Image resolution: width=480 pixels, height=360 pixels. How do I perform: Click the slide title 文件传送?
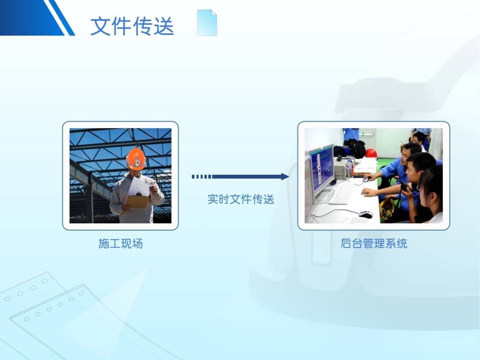[x=132, y=25]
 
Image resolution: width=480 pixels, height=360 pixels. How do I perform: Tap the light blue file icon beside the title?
[x=207, y=22]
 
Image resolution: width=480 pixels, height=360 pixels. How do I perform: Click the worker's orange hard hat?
[x=136, y=159]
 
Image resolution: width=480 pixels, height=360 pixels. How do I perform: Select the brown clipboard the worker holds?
[x=137, y=201]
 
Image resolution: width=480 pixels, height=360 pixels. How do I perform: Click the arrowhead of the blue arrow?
[x=284, y=176]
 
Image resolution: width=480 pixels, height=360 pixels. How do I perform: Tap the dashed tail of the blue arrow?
[x=201, y=176]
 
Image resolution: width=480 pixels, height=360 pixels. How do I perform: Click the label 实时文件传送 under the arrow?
[x=240, y=199]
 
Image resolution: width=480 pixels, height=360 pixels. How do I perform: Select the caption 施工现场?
[x=120, y=243]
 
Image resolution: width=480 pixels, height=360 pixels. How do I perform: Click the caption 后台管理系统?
[x=374, y=243]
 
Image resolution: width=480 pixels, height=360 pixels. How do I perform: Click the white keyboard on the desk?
[x=341, y=193]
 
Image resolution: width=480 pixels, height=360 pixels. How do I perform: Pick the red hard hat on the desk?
[x=370, y=153]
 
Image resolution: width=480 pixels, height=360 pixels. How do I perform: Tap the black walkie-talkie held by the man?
[x=406, y=186]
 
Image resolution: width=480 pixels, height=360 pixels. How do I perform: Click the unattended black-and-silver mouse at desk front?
[x=365, y=214]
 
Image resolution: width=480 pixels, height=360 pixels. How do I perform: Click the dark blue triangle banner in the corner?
[x=33, y=18]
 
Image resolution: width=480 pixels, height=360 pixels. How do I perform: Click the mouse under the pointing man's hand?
[x=366, y=179]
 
